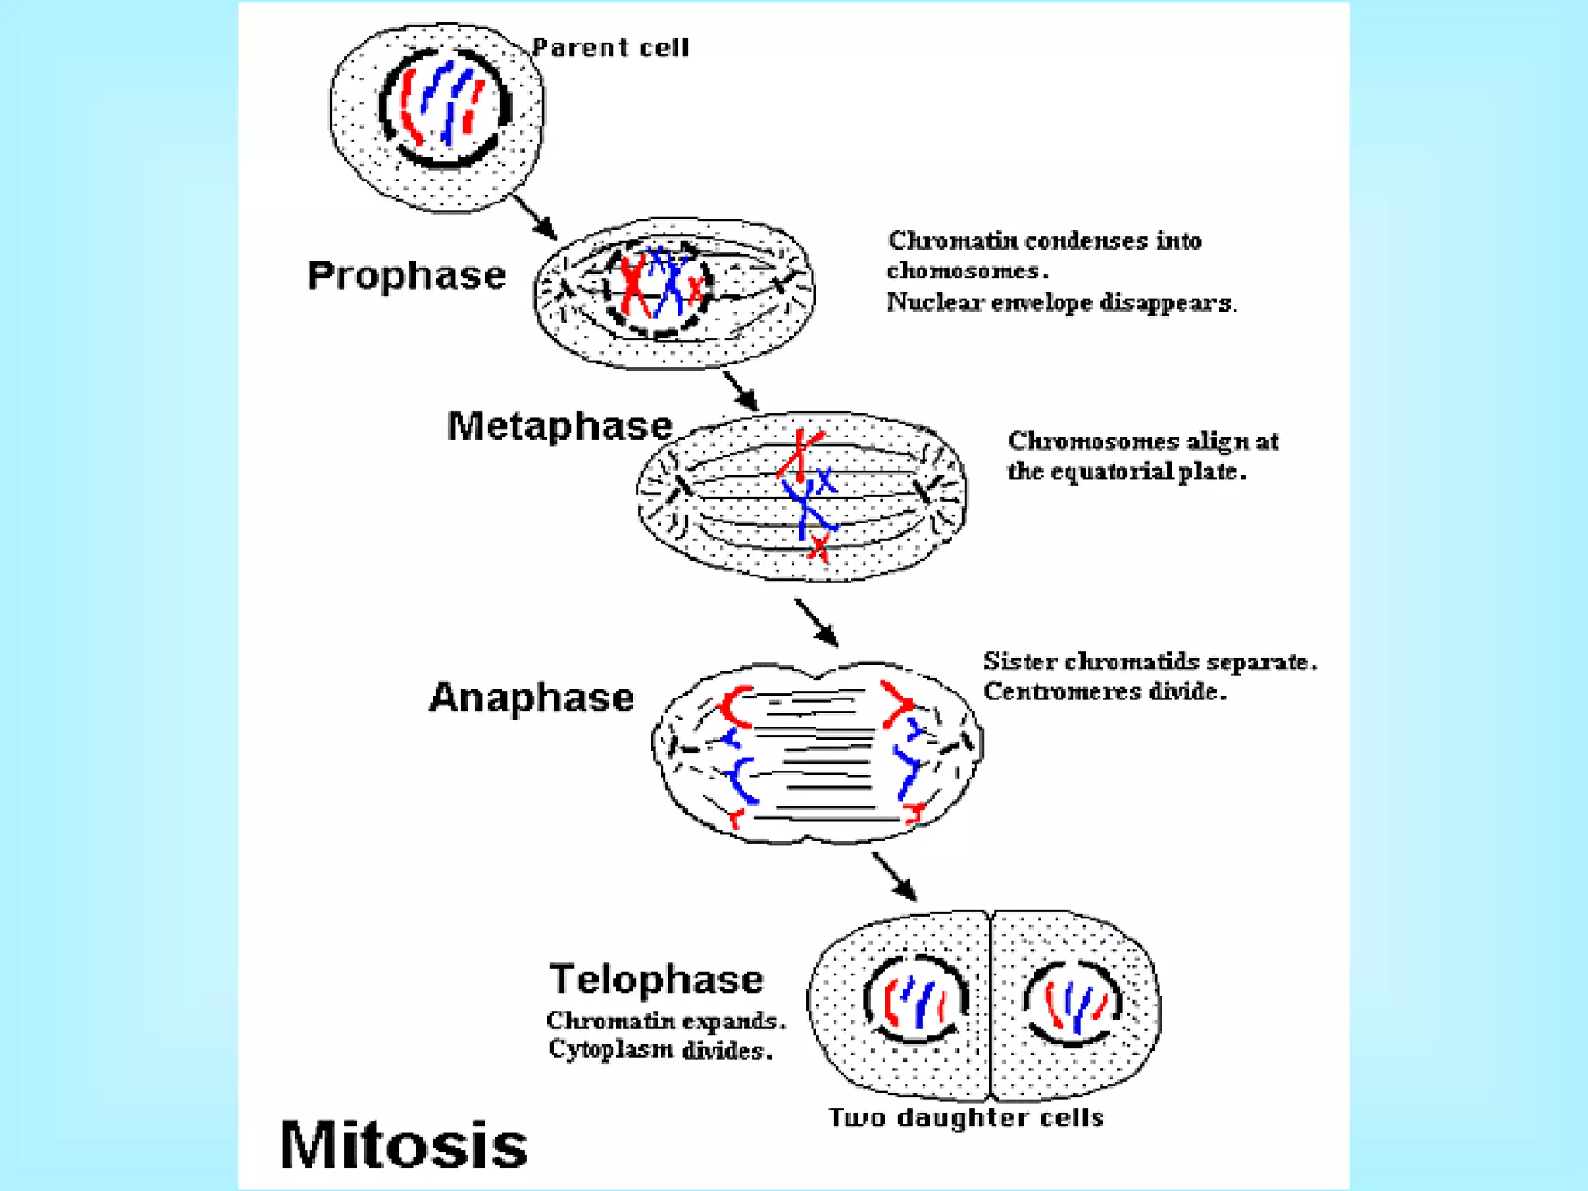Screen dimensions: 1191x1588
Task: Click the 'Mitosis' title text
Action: (x=403, y=1144)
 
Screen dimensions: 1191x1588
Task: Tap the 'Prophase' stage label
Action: (x=406, y=276)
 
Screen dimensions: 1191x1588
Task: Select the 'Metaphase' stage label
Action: (x=559, y=426)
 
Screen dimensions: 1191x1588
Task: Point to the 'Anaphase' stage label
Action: (x=532, y=697)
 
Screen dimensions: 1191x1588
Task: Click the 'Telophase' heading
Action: (x=656, y=979)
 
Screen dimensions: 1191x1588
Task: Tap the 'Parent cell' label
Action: (x=611, y=48)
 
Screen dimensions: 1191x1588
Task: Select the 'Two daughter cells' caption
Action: (x=965, y=1117)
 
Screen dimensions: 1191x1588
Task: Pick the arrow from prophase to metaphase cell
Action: (x=740, y=390)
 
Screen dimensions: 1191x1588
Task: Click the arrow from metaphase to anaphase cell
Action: (x=816, y=622)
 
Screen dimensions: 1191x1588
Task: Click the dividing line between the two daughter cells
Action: (x=990, y=1008)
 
